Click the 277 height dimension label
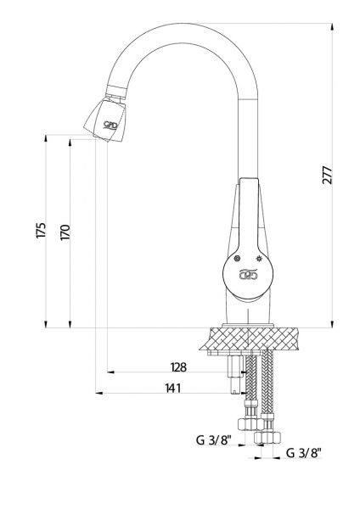[328, 175]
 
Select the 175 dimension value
[42, 231]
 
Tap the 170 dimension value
[65, 232]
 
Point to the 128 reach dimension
[178, 367]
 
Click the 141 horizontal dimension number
[172, 388]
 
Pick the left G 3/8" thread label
[213, 440]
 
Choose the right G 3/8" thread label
[304, 453]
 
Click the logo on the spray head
[110, 125]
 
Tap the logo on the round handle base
[249, 275]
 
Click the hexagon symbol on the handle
[238, 259]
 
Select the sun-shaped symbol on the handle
[259, 259]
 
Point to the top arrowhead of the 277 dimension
[332, 27]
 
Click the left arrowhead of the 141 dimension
[99, 394]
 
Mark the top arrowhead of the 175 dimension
[46, 138]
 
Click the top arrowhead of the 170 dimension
[70, 143]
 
